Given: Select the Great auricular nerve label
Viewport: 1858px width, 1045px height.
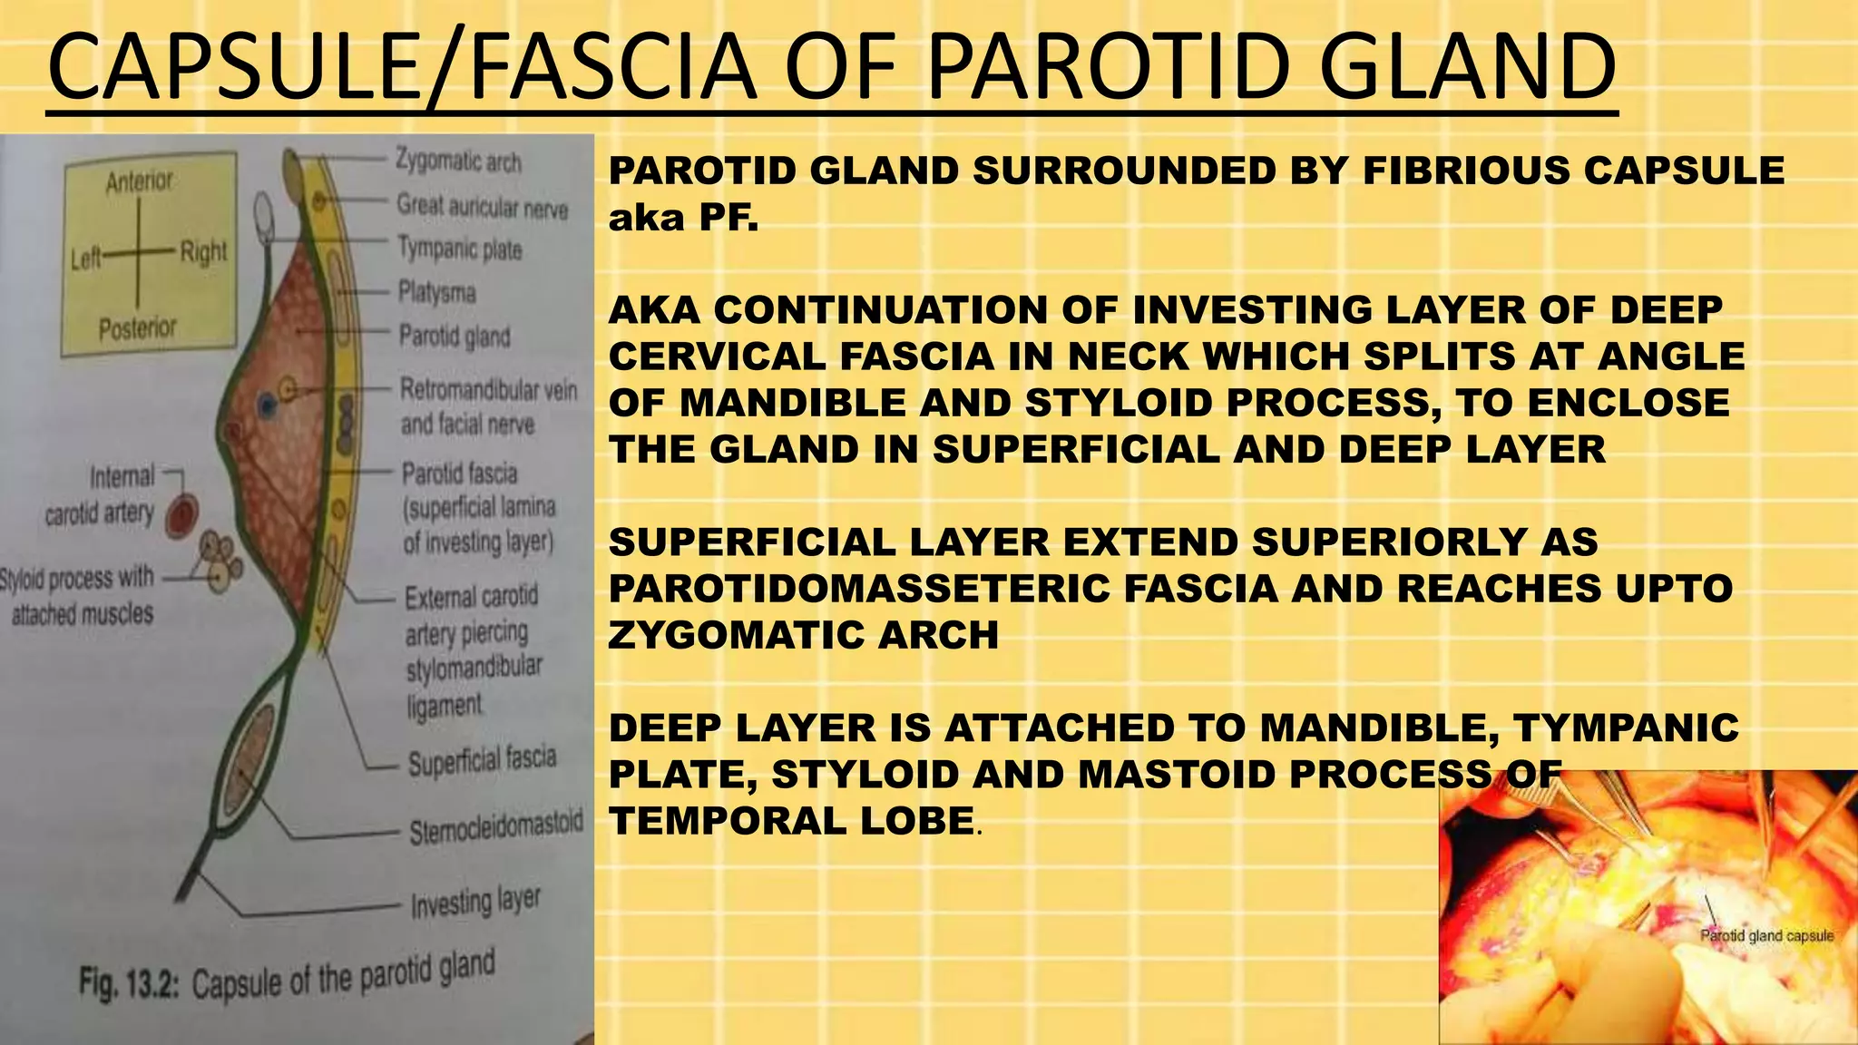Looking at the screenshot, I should tap(482, 207).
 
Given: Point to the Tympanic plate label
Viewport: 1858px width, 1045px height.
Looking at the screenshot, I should tap(460, 248).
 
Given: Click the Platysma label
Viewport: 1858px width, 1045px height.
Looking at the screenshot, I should tap(436, 292).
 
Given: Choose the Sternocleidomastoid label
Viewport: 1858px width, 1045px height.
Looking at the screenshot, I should tap(495, 828).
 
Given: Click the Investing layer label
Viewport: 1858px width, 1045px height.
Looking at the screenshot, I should tap(475, 902).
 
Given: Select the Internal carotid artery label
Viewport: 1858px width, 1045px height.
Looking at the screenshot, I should tap(100, 494).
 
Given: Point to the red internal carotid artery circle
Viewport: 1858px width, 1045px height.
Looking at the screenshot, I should tap(183, 514).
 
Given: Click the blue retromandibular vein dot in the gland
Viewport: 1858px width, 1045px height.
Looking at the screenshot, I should tap(266, 405).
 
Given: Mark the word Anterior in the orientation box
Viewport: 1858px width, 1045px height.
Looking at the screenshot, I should tap(139, 182).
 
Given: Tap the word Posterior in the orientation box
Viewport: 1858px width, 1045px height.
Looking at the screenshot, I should tap(138, 327).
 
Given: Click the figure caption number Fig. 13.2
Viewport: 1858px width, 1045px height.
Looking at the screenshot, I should tap(131, 983).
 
